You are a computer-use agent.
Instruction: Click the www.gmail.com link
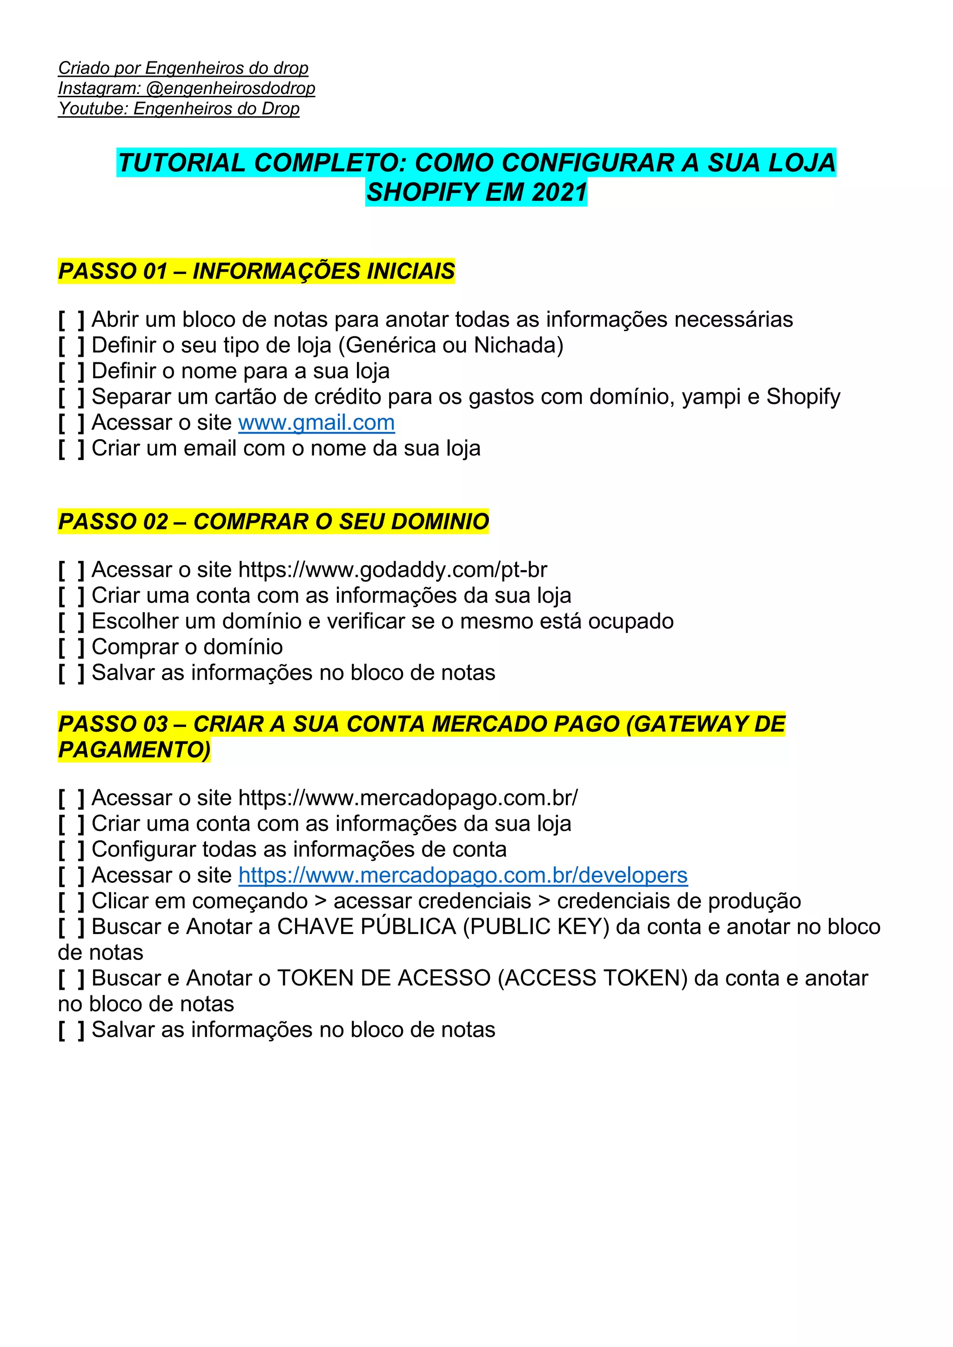coord(316,422)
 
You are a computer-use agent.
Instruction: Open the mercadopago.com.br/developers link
coord(463,875)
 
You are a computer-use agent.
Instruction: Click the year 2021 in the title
coord(559,193)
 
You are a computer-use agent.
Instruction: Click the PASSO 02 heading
coord(273,521)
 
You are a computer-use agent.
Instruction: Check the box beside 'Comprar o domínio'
coord(72,647)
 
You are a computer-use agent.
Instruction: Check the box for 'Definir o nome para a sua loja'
coord(72,371)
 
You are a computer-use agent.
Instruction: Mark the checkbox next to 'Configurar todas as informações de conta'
coord(72,849)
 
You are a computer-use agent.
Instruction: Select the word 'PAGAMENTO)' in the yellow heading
coord(134,750)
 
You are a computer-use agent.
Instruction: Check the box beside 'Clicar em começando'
coord(72,901)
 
